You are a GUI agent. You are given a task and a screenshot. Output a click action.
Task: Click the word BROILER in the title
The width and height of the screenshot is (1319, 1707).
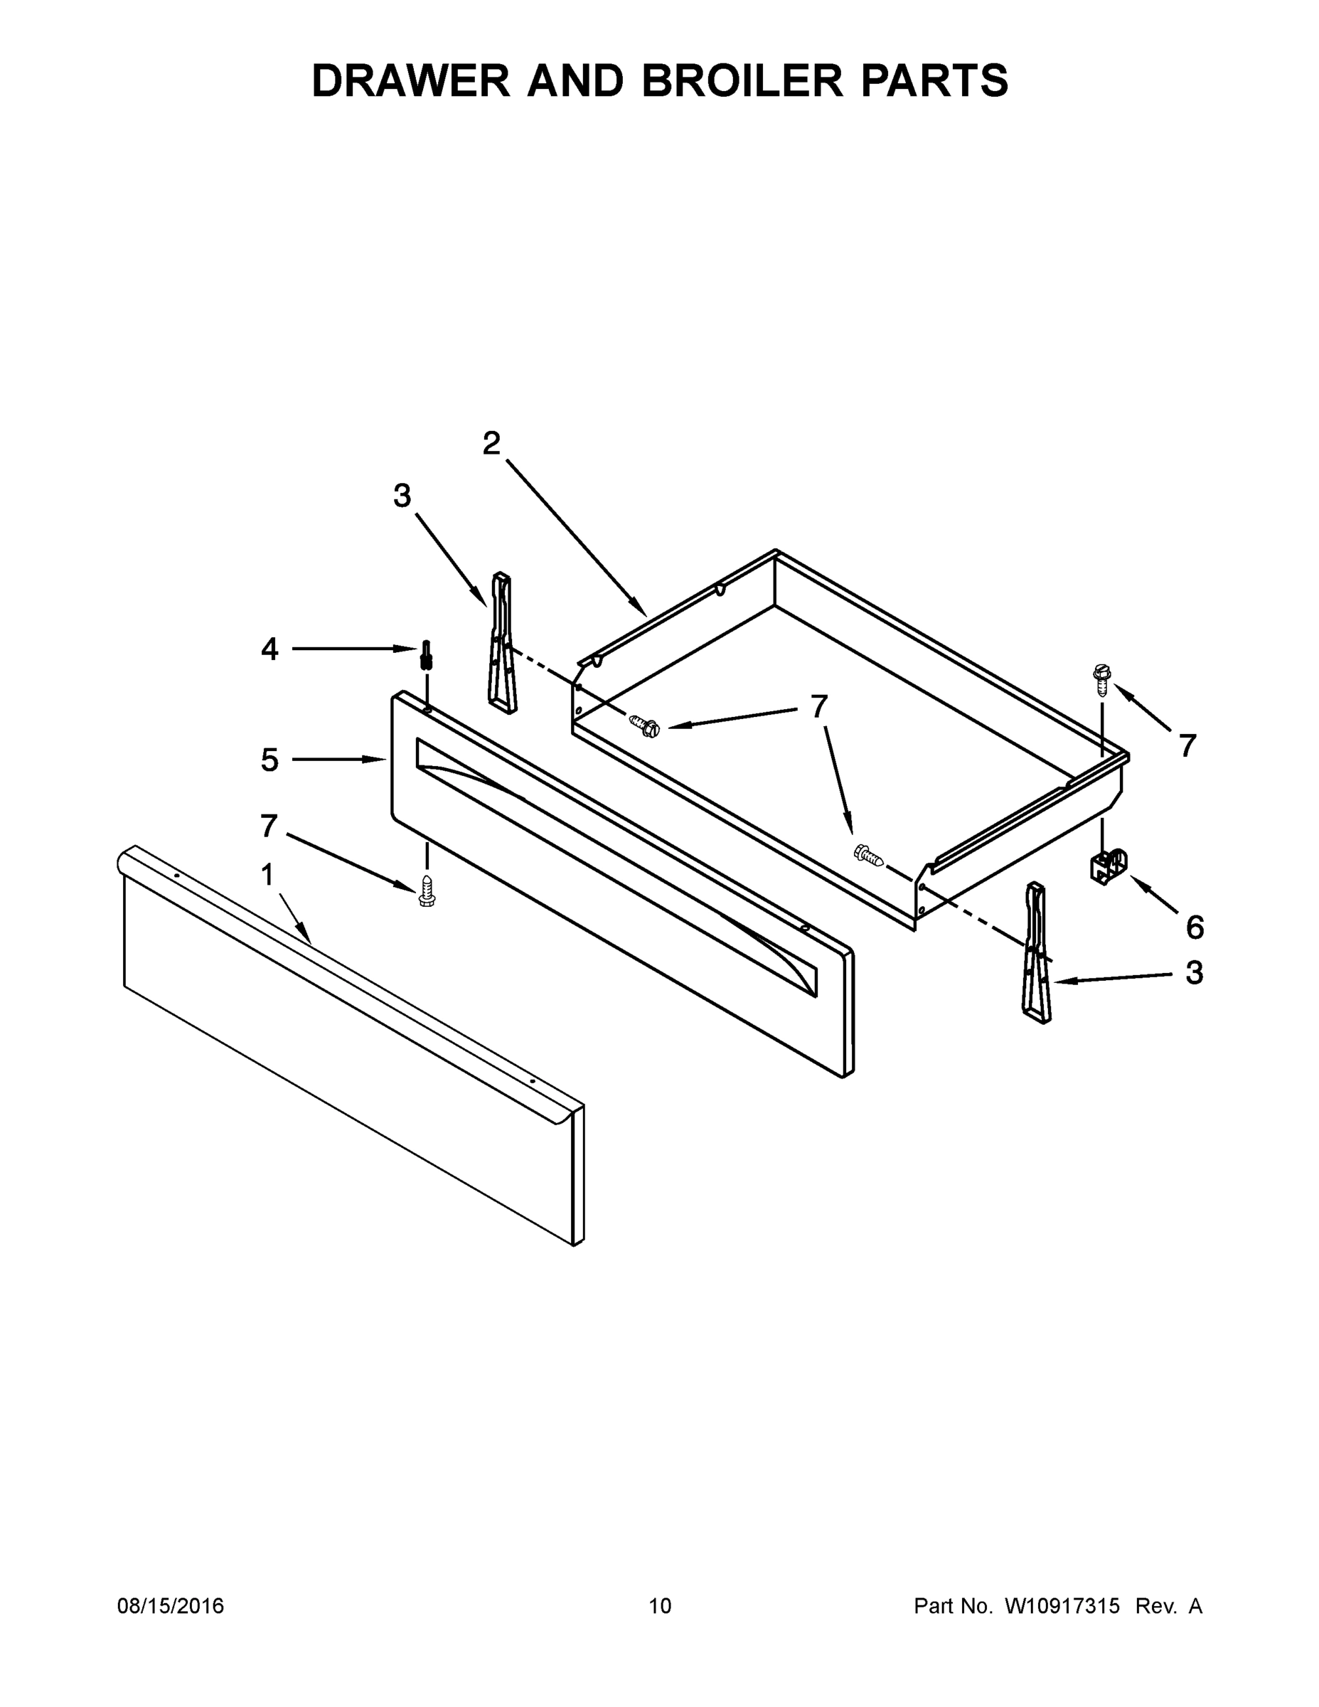[x=742, y=80]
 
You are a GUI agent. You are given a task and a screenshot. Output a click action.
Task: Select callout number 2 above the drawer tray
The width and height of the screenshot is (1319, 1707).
[x=491, y=444]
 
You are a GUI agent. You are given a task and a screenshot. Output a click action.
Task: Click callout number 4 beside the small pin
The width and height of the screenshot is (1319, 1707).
[x=269, y=649]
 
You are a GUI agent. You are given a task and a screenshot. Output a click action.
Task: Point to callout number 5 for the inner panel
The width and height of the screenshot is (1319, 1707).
[x=269, y=760]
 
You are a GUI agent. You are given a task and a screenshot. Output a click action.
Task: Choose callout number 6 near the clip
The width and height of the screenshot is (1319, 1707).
[x=1195, y=927]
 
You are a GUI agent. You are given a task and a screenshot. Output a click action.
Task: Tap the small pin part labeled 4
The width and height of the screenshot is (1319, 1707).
[x=427, y=655]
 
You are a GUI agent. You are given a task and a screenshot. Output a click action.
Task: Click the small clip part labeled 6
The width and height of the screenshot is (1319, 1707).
[x=1108, y=867]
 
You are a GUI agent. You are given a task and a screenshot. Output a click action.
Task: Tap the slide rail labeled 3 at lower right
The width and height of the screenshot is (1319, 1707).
[x=1036, y=952]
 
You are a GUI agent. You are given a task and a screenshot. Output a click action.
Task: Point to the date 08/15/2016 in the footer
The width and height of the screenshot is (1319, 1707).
[x=171, y=1605]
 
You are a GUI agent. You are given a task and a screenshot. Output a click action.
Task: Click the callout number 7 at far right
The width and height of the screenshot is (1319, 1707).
[x=1187, y=746]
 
